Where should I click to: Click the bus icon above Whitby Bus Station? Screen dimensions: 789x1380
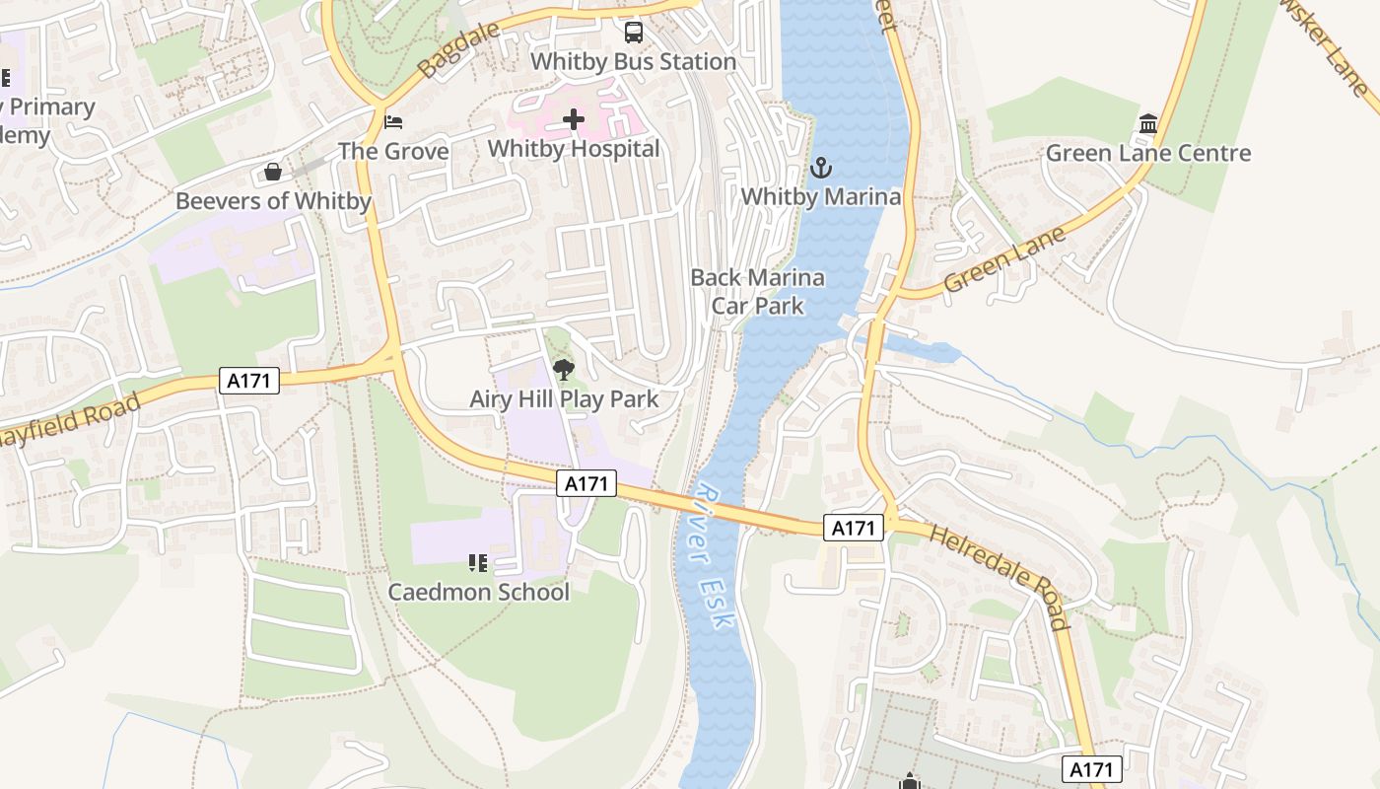634,33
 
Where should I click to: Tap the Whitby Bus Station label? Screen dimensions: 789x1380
633,61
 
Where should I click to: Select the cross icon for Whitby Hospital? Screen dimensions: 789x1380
574,120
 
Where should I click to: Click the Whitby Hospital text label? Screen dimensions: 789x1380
574,149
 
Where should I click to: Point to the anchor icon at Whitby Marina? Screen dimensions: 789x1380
820,169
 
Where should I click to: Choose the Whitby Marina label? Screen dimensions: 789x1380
820,196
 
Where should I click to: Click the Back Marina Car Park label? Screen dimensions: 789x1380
757,291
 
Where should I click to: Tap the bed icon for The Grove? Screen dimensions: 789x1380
393,122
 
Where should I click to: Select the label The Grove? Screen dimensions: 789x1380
393,151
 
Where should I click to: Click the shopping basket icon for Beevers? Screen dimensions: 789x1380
273,173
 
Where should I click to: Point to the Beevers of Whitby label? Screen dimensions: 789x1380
273,201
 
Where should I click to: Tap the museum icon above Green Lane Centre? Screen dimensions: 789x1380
1147,124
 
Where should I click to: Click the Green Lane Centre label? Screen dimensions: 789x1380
1147,153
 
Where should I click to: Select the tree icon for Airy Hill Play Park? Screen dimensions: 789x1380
564,371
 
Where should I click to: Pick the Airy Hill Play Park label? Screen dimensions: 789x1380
564,399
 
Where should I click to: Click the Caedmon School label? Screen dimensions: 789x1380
478,592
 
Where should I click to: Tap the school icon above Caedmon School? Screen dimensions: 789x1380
478,563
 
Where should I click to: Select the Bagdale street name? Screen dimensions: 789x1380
452,52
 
